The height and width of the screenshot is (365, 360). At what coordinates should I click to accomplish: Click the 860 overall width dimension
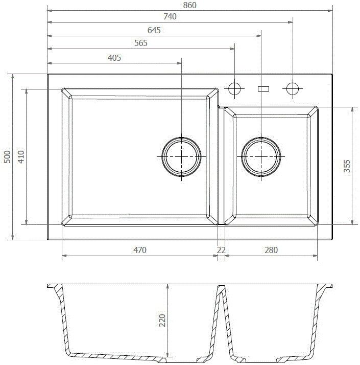[189, 5]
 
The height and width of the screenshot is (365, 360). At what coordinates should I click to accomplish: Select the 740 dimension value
[170, 17]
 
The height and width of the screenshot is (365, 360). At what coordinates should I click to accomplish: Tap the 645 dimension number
[154, 30]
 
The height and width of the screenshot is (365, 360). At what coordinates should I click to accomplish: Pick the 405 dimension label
[115, 58]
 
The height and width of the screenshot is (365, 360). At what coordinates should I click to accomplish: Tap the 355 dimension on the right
[347, 167]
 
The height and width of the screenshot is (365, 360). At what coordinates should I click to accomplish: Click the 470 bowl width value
[140, 250]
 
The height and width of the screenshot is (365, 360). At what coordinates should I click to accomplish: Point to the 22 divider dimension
[221, 250]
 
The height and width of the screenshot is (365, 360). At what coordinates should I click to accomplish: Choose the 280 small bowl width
[271, 250]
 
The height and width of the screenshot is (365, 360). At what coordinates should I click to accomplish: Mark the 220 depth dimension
[162, 321]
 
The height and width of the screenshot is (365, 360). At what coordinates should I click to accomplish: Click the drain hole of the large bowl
[181, 155]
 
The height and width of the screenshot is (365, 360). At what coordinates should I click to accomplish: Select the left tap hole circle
[235, 88]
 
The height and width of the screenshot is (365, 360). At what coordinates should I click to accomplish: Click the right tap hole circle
[293, 88]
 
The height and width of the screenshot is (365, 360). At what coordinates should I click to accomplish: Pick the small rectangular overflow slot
[263, 88]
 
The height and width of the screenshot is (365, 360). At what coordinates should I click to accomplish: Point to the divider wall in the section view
[221, 307]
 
